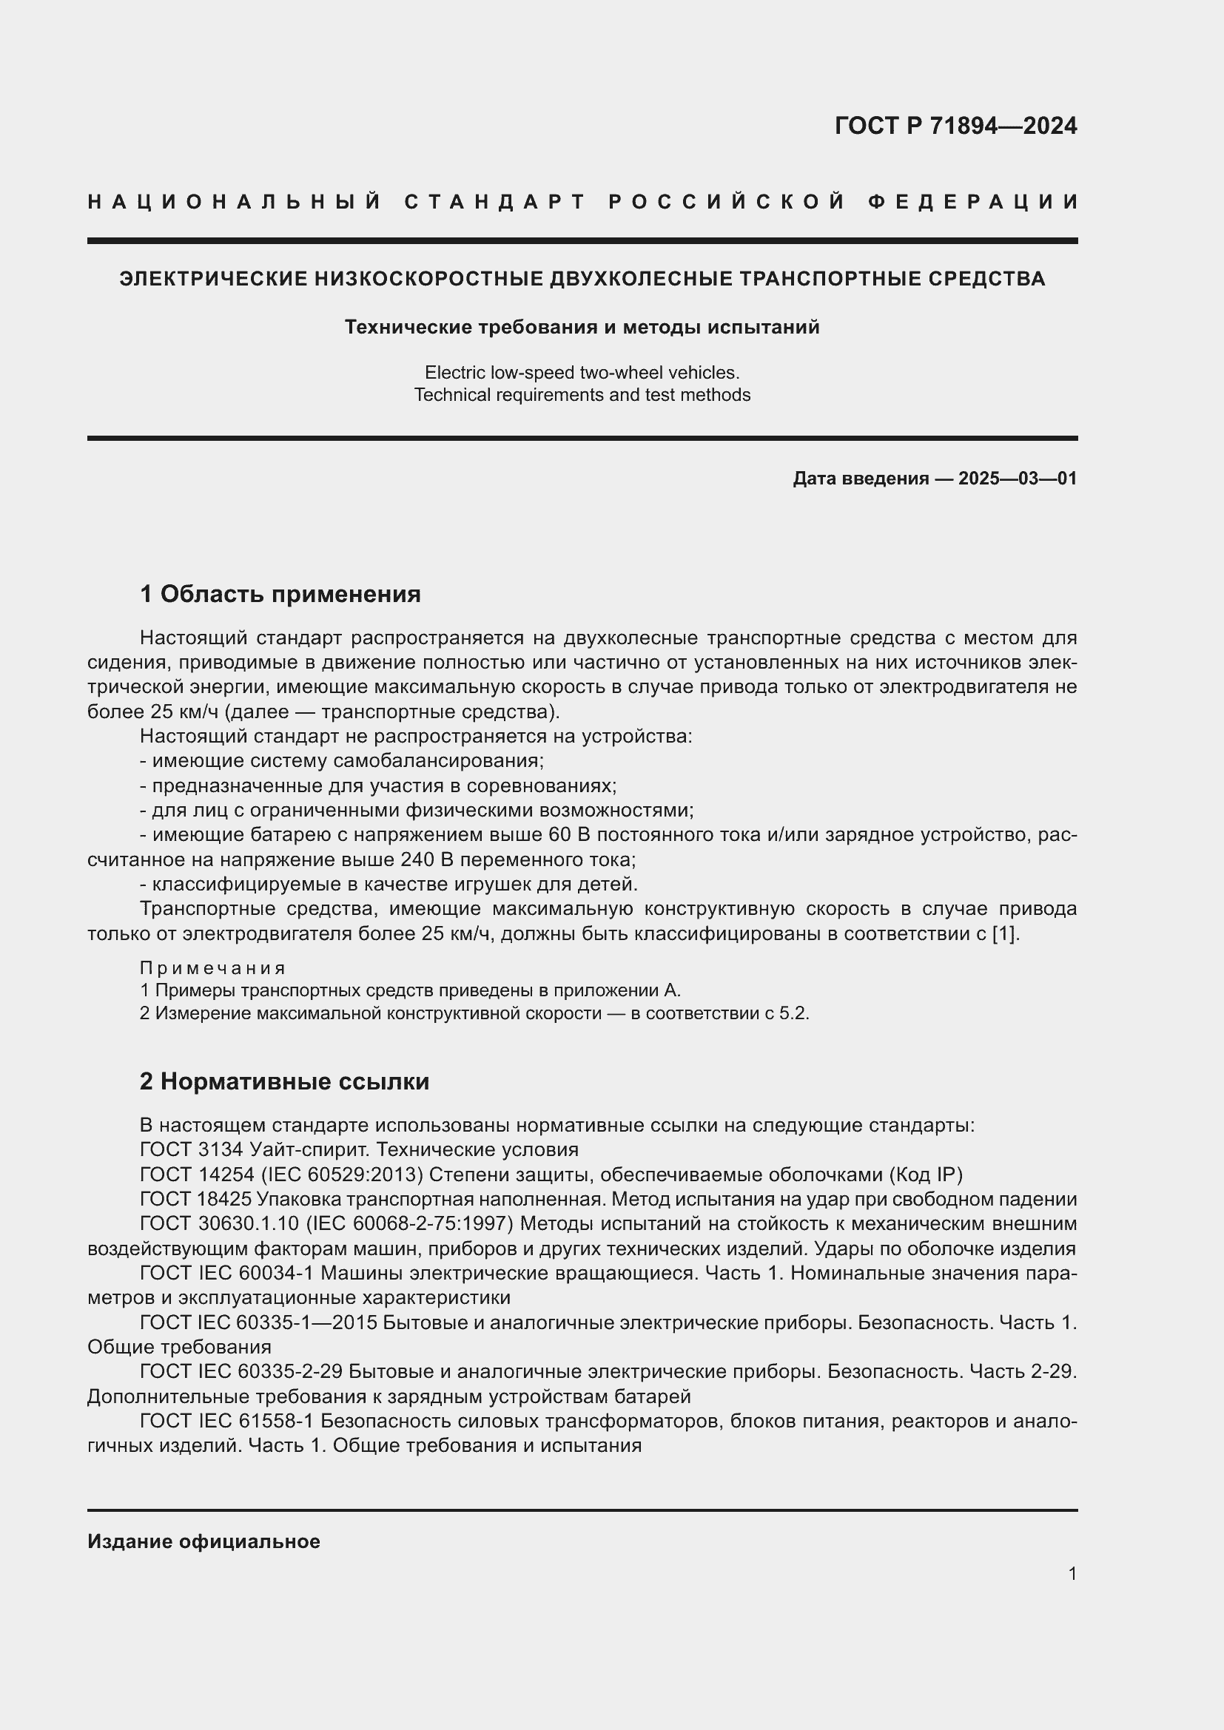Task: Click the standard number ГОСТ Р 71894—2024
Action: coord(955,126)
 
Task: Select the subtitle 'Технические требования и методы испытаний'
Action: coord(582,327)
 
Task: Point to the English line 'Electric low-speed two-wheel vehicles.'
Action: coord(582,372)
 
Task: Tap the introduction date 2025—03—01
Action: coord(1017,479)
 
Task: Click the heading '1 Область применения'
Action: coord(280,594)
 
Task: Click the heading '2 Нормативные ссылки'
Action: coord(284,1081)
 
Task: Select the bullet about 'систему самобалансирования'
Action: coord(341,760)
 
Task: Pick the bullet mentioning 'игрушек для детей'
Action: coord(389,884)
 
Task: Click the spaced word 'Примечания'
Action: coord(212,967)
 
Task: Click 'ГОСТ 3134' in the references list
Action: coord(191,1149)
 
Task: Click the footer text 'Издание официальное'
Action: coord(204,1541)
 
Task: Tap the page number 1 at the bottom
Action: coord(1072,1573)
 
